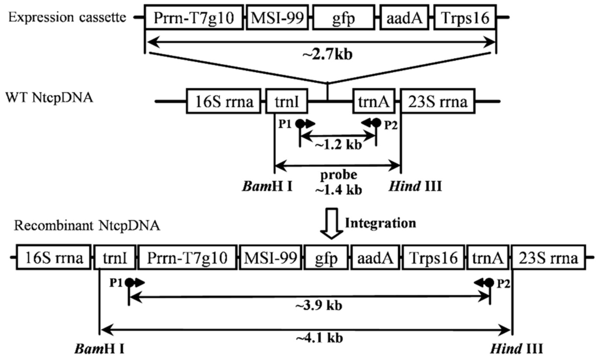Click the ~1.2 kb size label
click(338, 145)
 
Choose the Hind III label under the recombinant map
click(517, 349)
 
